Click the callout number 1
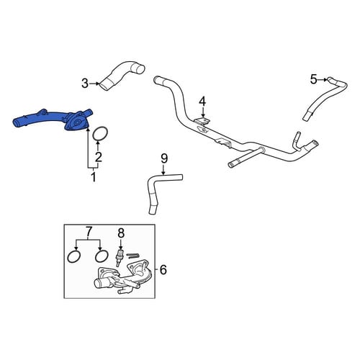click(94, 176)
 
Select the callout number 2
click(99, 157)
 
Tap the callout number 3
click(85, 84)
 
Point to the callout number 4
click(203, 102)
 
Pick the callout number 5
click(314, 79)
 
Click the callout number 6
click(163, 270)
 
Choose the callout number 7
click(89, 232)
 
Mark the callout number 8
click(121, 233)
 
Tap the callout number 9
click(164, 158)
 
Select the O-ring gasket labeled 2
click(99, 134)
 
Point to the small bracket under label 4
click(202, 122)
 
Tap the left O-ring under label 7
click(74, 256)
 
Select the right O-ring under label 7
click(102, 256)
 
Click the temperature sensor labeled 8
click(119, 258)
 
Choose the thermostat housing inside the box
click(122, 279)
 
